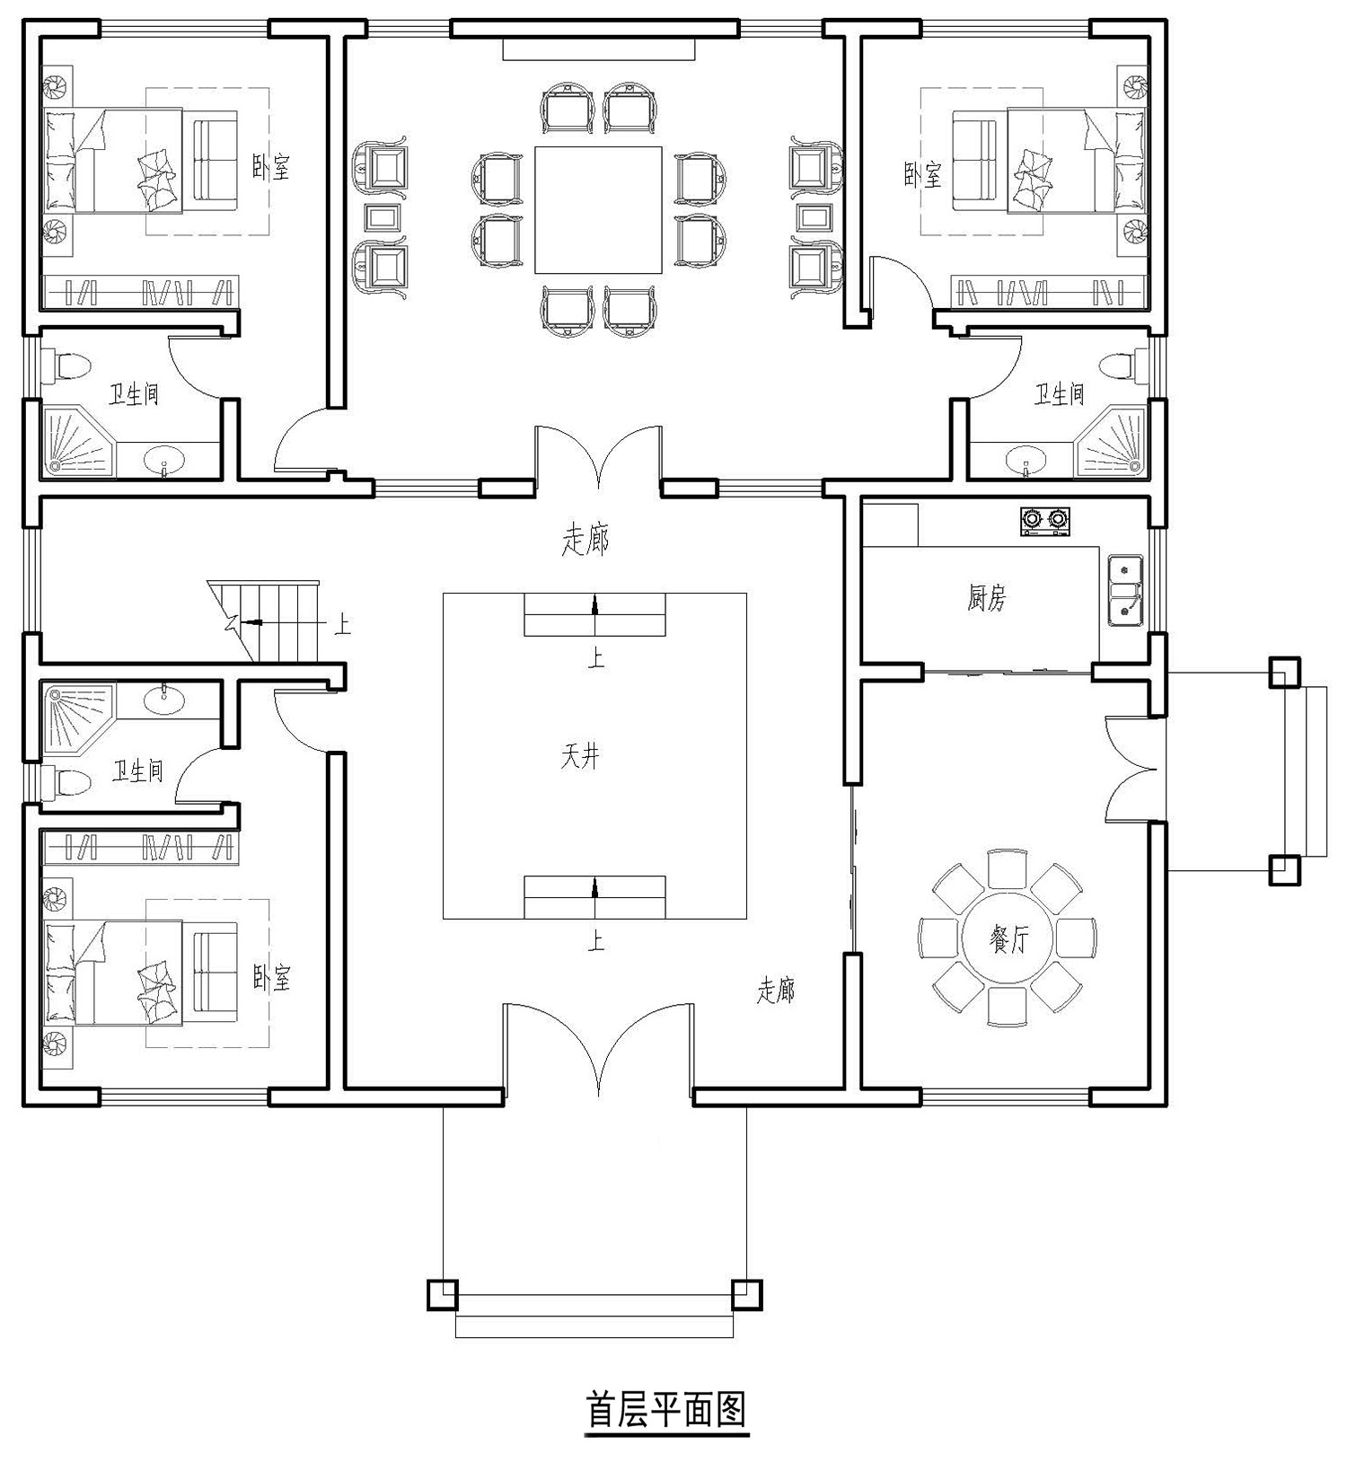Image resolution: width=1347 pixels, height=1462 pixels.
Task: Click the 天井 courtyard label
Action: coord(579,757)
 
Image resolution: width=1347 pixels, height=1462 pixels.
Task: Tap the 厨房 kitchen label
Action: coord(987,598)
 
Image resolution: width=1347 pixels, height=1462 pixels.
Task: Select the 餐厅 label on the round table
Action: coord(1008,940)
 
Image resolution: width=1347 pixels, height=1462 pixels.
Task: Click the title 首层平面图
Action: coord(666,1410)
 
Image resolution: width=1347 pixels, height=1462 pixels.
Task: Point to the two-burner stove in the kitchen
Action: coord(1046,521)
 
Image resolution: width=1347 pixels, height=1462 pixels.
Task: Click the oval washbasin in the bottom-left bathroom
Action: coord(164,700)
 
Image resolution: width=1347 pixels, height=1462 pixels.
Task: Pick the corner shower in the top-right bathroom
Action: coord(1114,441)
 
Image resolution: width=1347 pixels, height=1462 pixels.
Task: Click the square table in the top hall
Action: coord(599,209)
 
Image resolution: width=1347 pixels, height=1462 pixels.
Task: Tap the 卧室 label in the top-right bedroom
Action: coord(923,174)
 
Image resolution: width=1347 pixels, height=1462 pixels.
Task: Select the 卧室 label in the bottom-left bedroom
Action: coord(271,978)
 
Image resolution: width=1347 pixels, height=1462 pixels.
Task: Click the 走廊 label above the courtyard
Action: coord(585,540)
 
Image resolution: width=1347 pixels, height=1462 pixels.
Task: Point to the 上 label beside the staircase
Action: coord(342,624)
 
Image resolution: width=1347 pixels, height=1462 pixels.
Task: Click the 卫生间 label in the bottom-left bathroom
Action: coord(137,771)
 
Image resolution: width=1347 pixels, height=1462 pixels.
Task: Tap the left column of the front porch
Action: coord(442,1294)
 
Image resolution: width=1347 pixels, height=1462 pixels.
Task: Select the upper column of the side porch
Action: coord(1284,672)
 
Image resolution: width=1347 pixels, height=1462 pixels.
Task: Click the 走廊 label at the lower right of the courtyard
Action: coord(777,991)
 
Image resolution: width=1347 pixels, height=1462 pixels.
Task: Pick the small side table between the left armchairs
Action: coord(384,216)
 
